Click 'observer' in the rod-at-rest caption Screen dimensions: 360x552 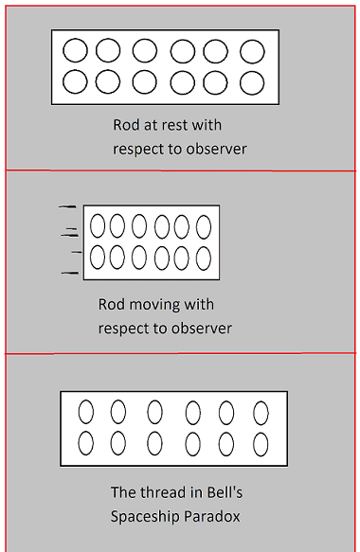216,150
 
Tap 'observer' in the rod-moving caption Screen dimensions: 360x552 202,329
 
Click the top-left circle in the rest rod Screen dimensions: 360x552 76,51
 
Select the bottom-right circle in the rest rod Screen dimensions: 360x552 252,83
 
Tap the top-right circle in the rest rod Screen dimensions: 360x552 252,51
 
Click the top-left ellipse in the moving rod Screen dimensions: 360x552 98,226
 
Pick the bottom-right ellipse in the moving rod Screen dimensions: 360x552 204,258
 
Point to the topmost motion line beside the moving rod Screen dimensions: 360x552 67,206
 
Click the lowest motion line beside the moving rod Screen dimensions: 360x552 70,273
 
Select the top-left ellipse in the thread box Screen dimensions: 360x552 86,412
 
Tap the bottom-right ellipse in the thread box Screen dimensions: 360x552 261,444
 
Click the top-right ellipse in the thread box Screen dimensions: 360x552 261,413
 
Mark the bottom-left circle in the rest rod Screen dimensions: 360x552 75,81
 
